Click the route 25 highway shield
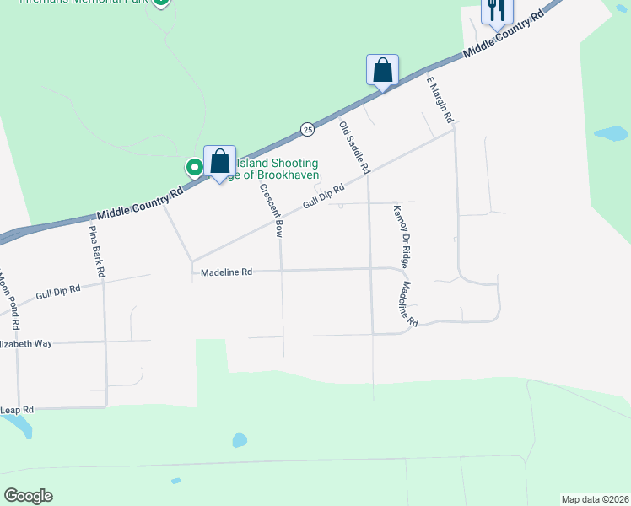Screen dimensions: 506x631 tap(307, 129)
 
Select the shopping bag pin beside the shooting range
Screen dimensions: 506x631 tap(219, 161)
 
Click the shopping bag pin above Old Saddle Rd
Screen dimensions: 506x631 tap(382, 69)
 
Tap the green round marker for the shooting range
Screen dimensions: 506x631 tap(194, 167)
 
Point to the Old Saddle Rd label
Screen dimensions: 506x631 tap(354, 148)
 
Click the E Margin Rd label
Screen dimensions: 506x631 tap(440, 100)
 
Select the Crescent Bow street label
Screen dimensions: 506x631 tap(271, 211)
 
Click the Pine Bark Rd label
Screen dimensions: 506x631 tap(96, 250)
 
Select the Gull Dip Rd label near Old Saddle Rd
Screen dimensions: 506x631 tap(325, 200)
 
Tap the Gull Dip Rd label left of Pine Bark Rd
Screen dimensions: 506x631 tap(58, 293)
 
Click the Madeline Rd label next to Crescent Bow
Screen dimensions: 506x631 tap(226, 272)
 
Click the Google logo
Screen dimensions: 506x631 tap(28, 496)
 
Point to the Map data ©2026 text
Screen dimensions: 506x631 tap(595, 499)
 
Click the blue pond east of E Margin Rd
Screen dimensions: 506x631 tap(611, 133)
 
